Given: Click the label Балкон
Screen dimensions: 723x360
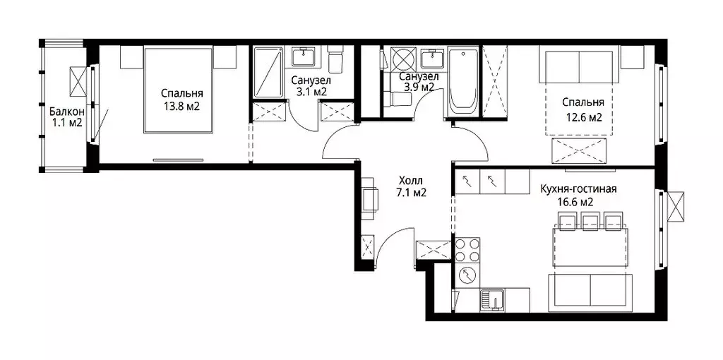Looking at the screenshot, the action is click(x=67, y=111).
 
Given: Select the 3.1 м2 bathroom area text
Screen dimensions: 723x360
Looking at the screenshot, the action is click(x=311, y=91).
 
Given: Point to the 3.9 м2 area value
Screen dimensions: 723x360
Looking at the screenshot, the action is click(x=419, y=87).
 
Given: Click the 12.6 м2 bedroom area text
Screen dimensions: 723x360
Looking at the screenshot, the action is click(x=583, y=117).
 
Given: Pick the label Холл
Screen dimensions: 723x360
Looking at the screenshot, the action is click(x=411, y=181).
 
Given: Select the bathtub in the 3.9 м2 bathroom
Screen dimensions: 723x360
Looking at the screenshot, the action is click(x=463, y=82).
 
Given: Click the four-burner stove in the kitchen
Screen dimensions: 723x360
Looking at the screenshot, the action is click(x=467, y=251).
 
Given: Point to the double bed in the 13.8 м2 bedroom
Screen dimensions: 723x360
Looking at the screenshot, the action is click(x=179, y=90).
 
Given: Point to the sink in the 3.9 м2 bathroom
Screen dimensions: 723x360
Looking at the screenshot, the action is click(x=433, y=59).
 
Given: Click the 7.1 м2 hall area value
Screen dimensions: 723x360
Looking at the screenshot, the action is click(x=411, y=193).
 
